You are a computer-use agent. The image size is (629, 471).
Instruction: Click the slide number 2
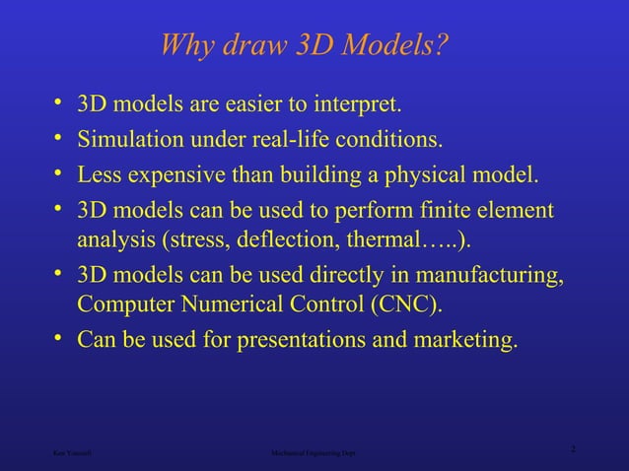coord(573,450)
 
